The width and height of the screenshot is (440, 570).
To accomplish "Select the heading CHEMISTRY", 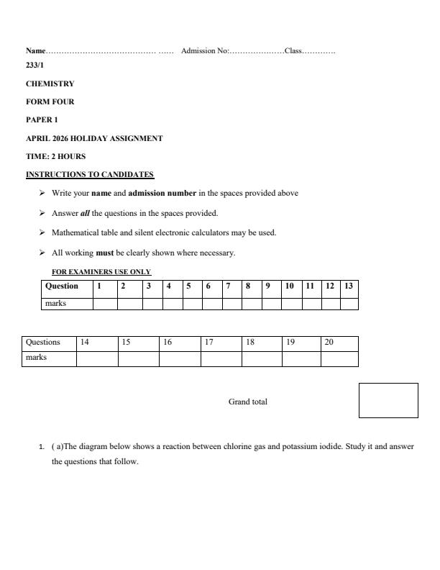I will pyautogui.click(x=50, y=83).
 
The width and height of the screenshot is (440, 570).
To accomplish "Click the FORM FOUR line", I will pyautogui.click(x=50, y=101).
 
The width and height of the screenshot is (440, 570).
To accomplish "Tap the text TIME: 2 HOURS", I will pyautogui.click(x=55, y=156).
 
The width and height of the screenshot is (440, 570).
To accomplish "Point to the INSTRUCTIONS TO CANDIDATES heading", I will pyautogui.click(x=90, y=174).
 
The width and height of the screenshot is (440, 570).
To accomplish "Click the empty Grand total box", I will pyautogui.click(x=388, y=400).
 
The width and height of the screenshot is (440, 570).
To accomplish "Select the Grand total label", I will pyautogui.click(x=247, y=402).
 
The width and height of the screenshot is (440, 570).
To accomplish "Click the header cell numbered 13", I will pyautogui.click(x=349, y=286).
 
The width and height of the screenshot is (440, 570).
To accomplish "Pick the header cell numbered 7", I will pyautogui.click(x=228, y=286).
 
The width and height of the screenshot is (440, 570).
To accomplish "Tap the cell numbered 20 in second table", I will pyautogui.click(x=329, y=342).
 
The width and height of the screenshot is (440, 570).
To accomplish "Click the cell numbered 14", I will pyautogui.click(x=85, y=342).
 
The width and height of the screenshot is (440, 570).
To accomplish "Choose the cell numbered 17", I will pyautogui.click(x=209, y=342).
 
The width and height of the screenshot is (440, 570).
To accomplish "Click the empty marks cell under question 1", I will pyautogui.click(x=104, y=304).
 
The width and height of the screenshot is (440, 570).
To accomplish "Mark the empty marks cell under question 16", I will pyautogui.click(x=179, y=358).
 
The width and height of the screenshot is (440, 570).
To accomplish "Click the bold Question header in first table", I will pyautogui.click(x=62, y=286).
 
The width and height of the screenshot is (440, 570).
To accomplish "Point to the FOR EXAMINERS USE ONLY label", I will pyautogui.click(x=101, y=271).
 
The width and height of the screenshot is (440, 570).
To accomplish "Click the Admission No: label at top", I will pyautogui.click(x=205, y=51).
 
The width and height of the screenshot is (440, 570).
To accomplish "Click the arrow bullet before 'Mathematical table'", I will pyautogui.click(x=42, y=232).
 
